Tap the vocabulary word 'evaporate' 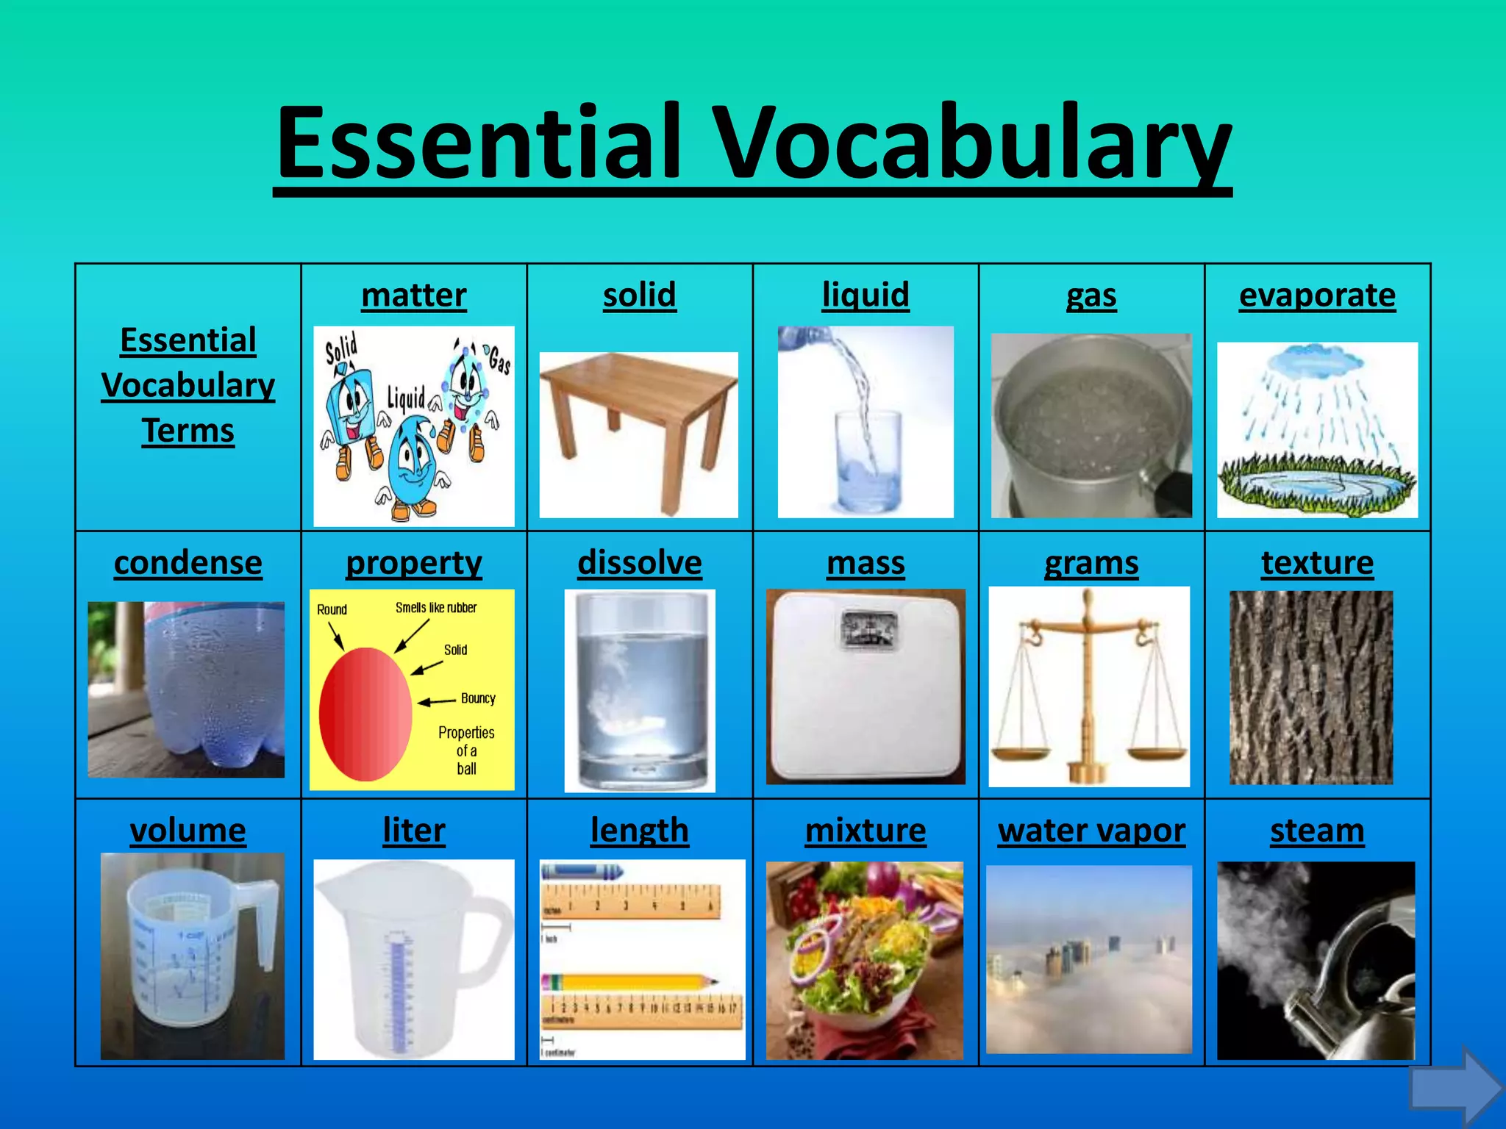(x=1317, y=295)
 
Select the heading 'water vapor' (x=1091, y=831)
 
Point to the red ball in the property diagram (x=365, y=713)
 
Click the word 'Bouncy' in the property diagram (x=478, y=698)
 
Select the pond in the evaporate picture (x=1316, y=485)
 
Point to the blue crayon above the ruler (x=582, y=872)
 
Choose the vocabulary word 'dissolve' (x=640, y=564)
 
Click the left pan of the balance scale (x=1021, y=755)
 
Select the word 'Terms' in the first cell (x=188, y=431)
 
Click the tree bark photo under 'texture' (x=1311, y=687)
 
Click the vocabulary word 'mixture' (x=866, y=831)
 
